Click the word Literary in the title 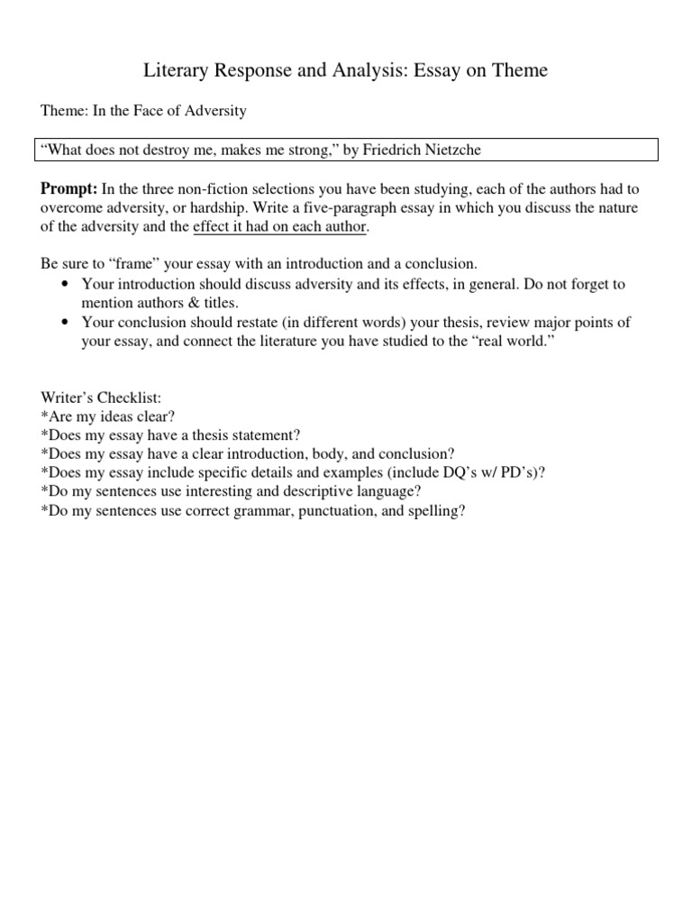[175, 69]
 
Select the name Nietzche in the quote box [450, 151]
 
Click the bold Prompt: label [68, 188]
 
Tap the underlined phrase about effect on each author [279, 226]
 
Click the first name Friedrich [392, 151]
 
